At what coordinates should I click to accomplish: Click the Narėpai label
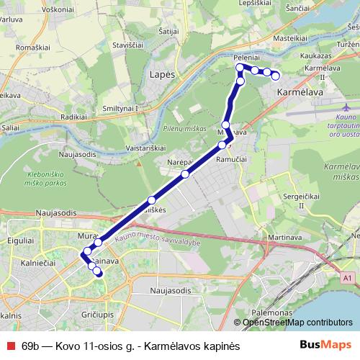tap(179, 161)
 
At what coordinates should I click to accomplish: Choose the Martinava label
tap(264, 237)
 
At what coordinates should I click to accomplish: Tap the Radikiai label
tap(73, 117)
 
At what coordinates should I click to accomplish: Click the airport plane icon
tap(340, 107)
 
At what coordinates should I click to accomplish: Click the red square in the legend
tap(9, 344)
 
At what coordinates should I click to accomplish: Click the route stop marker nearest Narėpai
tap(186, 174)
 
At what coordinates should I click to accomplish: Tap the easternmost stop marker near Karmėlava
tap(275, 76)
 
